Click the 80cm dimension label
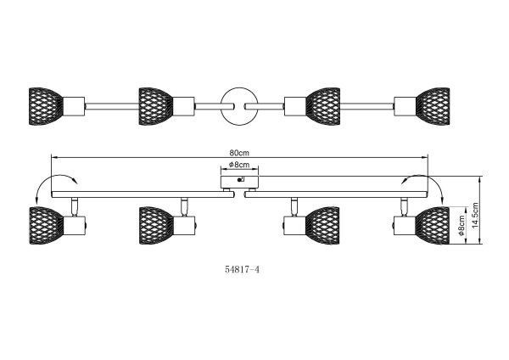238,153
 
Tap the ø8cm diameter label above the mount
240,165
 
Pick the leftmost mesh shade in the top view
45,104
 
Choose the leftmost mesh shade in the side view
45,225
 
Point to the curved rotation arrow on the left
53,180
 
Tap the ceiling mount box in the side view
239,181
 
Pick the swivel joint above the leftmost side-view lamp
75,205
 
